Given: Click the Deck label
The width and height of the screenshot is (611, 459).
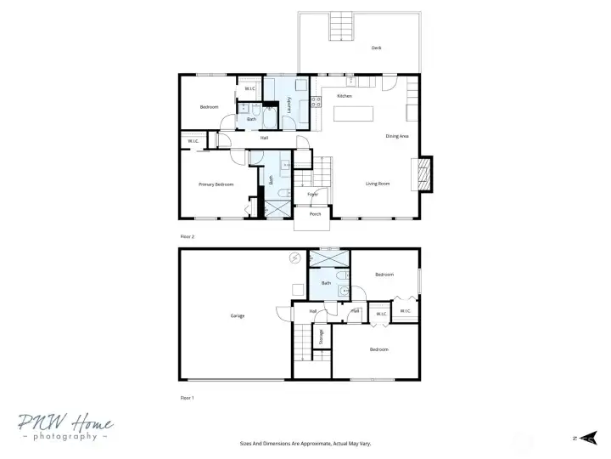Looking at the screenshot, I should [376, 48].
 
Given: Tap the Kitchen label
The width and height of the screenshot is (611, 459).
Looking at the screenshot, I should [344, 96].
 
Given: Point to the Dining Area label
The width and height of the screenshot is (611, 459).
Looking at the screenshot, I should [397, 136].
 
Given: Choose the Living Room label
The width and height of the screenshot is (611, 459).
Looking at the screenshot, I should [378, 184].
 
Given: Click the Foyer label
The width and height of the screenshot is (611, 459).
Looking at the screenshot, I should [312, 195].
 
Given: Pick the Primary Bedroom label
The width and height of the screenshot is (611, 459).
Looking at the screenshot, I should [216, 184].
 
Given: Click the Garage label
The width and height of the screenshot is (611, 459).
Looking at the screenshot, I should [237, 316].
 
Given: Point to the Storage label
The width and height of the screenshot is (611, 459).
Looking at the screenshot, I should [321, 337].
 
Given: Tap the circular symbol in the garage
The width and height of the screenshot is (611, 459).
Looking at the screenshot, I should [295, 258].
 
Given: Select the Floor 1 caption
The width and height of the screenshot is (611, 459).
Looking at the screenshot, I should [188, 397].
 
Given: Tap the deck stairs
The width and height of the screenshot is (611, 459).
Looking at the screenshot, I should [340, 21].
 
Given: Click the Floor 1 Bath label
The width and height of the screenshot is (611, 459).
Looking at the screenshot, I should [326, 283].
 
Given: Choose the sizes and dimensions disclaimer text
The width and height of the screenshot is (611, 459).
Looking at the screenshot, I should [305, 443].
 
